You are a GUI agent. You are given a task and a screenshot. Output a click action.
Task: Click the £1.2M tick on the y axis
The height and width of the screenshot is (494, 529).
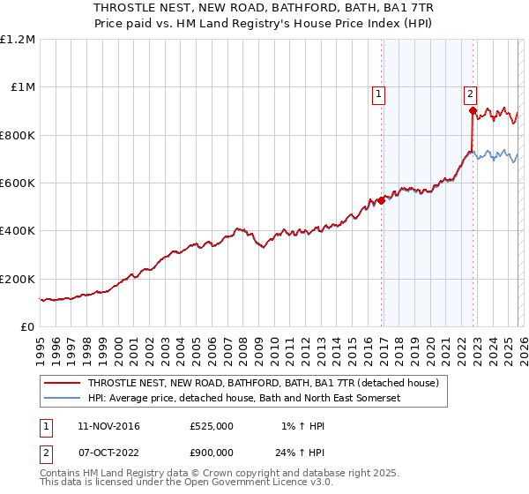tap(18, 40)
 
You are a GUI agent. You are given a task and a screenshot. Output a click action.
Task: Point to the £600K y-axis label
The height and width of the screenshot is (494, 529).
tap(18, 183)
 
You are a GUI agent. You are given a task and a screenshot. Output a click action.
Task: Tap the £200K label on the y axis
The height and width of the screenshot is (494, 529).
tap(18, 279)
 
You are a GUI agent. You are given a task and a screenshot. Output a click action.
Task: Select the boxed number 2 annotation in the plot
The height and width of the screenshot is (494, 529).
tap(471, 94)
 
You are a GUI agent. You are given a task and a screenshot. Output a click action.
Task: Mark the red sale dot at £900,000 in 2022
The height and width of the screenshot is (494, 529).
tap(473, 111)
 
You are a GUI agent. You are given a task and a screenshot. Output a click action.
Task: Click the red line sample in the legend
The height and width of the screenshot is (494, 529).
tap(63, 384)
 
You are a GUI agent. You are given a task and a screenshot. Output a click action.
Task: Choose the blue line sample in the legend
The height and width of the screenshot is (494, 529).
tap(63, 399)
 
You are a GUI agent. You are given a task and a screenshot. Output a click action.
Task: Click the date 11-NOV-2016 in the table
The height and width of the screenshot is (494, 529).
tap(108, 426)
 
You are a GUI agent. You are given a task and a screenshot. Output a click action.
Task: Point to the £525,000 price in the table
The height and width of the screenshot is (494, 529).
tap(211, 426)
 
